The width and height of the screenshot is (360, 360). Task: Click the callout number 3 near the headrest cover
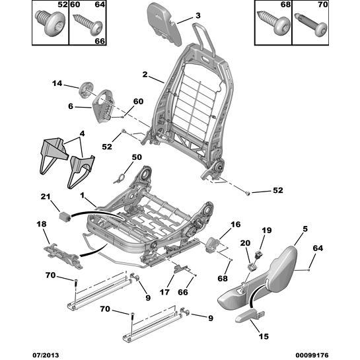pos(198,15)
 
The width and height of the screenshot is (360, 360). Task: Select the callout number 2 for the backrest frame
pos(145,75)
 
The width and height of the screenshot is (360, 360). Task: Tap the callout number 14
pos(57,83)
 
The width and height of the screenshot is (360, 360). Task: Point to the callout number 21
pos(46,197)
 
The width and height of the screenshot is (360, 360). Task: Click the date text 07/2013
pos(46,355)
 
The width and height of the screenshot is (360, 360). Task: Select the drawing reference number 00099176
pos(312,355)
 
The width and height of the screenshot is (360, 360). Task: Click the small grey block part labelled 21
pos(65,216)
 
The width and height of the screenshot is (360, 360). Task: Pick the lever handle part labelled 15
pos(250,316)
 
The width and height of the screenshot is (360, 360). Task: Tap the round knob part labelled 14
pos(86,90)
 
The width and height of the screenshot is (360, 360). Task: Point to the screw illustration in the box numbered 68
pos(273,22)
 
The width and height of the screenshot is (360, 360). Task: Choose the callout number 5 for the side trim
pos(305,229)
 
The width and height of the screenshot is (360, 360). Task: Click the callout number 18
pos(42,224)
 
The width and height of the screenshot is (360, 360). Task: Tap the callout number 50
pos(137,157)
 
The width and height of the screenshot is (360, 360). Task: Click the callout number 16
pos(236,225)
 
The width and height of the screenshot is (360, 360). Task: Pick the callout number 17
pos(164,292)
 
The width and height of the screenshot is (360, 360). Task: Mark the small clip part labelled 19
pos(259,254)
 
